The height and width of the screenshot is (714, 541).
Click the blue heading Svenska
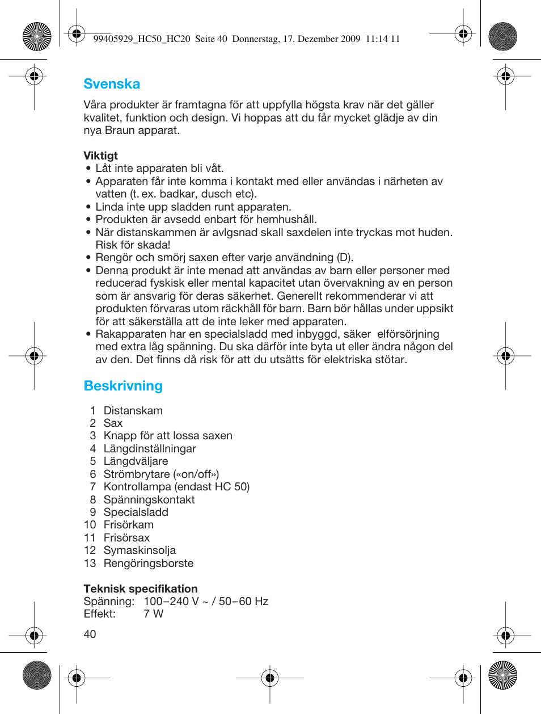tap(112, 84)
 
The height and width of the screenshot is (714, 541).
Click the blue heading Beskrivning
tap(123, 386)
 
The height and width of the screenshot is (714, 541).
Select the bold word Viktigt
tap(100, 156)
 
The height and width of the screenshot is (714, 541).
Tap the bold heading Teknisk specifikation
tap(141, 589)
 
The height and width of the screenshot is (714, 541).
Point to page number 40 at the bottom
tap(90, 634)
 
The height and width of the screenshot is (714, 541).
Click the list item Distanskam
tap(133, 410)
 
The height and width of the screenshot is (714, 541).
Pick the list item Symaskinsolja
tap(140, 550)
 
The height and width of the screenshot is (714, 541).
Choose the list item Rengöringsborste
tap(149, 563)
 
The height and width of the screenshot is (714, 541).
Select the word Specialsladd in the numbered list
tap(136, 512)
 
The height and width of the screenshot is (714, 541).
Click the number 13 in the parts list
tap(90, 563)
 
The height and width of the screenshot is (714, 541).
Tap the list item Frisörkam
tap(129, 524)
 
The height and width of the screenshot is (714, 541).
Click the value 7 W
tap(153, 614)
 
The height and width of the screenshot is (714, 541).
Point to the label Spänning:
tap(109, 601)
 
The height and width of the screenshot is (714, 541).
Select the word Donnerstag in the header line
tap(256, 39)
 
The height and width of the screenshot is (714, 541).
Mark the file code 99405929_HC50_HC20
tap(141, 39)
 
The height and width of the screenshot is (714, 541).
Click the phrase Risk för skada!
tap(133, 245)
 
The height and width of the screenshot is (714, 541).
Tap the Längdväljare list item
tap(136, 461)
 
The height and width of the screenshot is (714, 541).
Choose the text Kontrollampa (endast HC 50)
tap(176, 486)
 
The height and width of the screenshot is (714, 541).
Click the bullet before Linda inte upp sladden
tap(88, 207)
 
